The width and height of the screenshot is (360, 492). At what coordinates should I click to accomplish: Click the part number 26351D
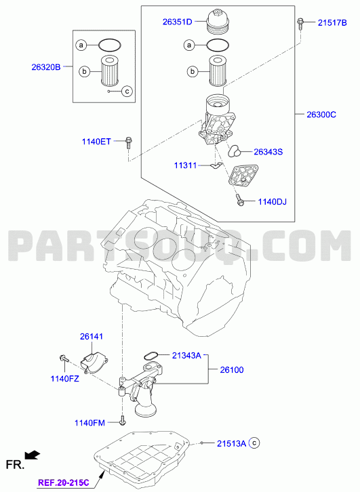click(x=177, y=22)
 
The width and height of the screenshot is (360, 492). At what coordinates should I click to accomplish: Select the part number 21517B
click(x=332, y=22)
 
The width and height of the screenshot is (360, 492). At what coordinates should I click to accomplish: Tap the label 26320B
click(x=46, y=67)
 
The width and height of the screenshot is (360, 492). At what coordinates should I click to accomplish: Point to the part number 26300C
click(x=321, y=115)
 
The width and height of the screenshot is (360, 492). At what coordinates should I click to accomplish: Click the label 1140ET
click(x=96, y=142)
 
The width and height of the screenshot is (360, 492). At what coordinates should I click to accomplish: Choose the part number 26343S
click(x=268, y=152)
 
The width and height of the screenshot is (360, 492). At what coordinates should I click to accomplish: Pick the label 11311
click(x=185, y=165)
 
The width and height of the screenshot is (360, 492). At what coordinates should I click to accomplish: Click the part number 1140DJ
click(x=272, y=201)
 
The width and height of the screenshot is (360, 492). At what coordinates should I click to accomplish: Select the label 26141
click(x=92, y=336)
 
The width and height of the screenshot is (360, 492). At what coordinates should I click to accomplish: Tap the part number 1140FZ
click(x=64, y=379)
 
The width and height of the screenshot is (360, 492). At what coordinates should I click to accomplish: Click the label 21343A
click(x=186, y=356)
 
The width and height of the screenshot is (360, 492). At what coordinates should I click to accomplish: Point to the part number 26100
click(x=232, y=370)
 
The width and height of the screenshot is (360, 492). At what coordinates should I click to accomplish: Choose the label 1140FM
click(x=89, y=423)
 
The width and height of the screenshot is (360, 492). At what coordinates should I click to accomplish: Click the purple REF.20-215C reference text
click(x=64, y=483)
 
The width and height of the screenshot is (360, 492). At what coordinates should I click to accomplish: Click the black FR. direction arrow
click(x=33, y=455)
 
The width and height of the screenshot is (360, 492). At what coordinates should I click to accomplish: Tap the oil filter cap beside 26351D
click(x=216, y=21)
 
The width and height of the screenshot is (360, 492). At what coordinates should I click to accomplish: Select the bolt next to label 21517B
click(x=300, y=24)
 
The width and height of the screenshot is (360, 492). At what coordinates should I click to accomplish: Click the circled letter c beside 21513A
click(x=254, y=443)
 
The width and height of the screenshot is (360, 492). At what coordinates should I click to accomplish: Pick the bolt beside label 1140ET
click(x=128, y=143)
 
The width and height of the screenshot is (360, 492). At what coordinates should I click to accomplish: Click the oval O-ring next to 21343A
click(x=151, y=356)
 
